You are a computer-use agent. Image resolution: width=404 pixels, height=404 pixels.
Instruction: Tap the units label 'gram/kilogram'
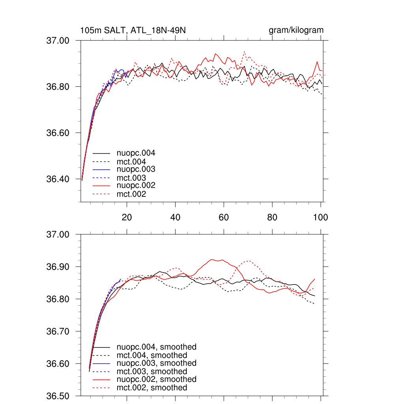tap(296, 30)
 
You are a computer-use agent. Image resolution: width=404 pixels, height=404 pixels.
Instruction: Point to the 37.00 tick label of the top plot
tap(58, 41)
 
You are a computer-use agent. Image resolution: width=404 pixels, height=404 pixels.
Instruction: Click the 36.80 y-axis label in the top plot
tap(58, 87)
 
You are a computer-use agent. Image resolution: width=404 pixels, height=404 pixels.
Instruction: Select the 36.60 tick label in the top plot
tap(58, 133)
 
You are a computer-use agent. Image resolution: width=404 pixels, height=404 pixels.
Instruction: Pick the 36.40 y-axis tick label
tap(58, 179)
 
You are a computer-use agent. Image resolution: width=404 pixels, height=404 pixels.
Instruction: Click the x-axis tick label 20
tap(127, 217)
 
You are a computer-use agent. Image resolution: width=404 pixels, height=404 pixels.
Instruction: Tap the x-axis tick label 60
tap(224, 217)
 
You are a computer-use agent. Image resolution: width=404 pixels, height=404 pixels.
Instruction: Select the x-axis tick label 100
tap(320, 217)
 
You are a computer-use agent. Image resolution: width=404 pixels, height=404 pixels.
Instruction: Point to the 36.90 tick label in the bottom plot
tap(58, 267)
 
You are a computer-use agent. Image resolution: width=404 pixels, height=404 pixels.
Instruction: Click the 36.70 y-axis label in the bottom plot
tap(58, 332)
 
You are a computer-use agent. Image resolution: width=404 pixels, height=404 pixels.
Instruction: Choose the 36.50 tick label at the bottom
tap(58, 396)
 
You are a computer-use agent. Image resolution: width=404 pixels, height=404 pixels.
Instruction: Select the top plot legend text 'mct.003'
tap(131, 178)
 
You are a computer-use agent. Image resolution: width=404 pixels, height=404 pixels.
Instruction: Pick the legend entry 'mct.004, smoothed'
tap(152, 355)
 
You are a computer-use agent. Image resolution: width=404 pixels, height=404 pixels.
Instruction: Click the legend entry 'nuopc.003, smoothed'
tap(157, 363)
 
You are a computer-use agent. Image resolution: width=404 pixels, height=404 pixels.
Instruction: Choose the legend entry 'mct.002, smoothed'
tap(152, 388)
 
